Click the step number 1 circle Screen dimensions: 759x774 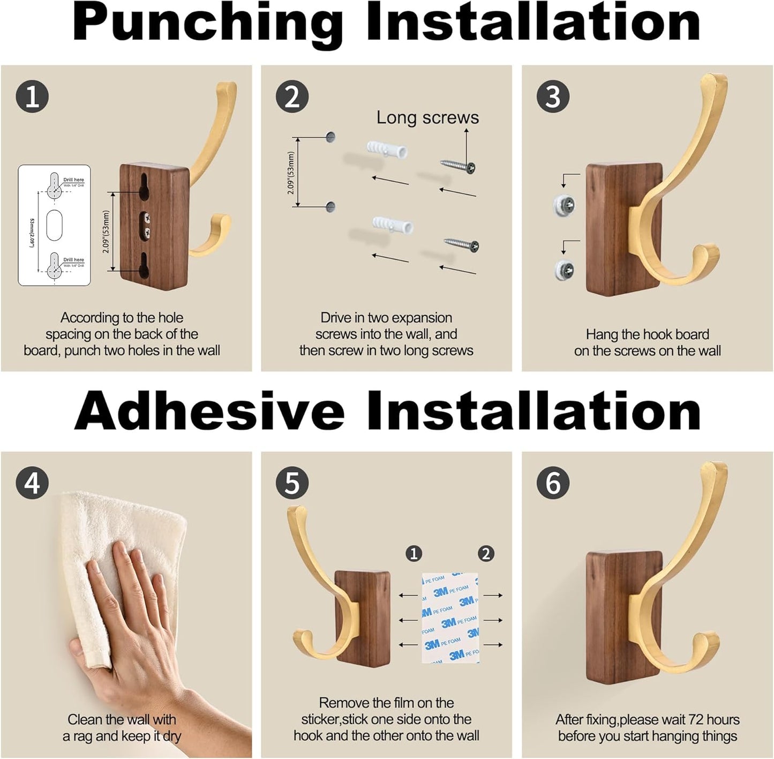(32, 97)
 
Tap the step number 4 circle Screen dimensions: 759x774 (32, 483)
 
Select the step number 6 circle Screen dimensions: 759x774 (553, 483)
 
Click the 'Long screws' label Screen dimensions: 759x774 (427, 117)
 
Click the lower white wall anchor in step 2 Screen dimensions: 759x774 (393, 225)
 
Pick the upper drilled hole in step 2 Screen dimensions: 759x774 (330, 137)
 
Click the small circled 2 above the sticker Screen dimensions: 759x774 (486, 553)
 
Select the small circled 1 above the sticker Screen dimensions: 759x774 (414, 553)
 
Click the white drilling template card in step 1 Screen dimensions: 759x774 (54, 225)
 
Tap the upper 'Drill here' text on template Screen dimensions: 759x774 (73, 180)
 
